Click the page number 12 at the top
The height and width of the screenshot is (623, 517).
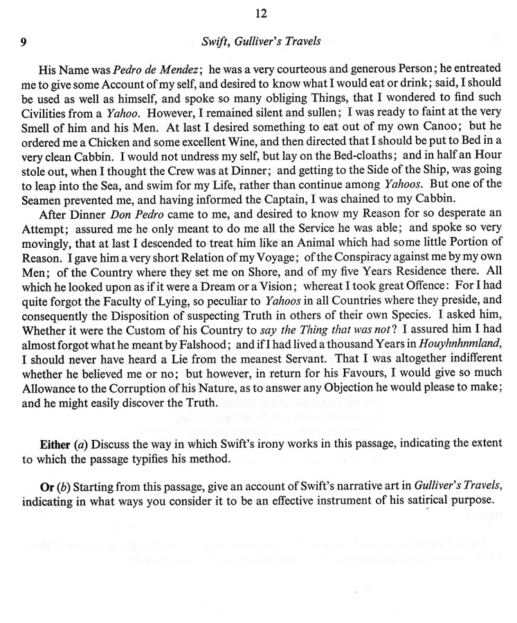(260, 13)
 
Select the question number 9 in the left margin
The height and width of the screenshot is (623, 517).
(24, 42)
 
